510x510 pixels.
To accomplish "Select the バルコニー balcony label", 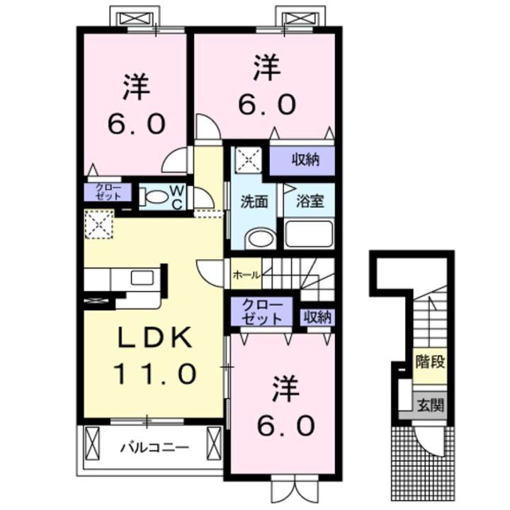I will point(154,448).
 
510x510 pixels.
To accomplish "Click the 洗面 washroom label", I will point(253,201).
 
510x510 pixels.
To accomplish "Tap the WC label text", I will point(177,197).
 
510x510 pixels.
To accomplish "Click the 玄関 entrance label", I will point(430,406).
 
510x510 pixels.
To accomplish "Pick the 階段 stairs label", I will point(430,363).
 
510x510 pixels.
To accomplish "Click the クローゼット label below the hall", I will point(261,312).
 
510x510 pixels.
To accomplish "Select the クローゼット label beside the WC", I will point(103,193).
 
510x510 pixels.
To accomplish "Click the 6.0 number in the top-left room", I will point(137,125).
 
